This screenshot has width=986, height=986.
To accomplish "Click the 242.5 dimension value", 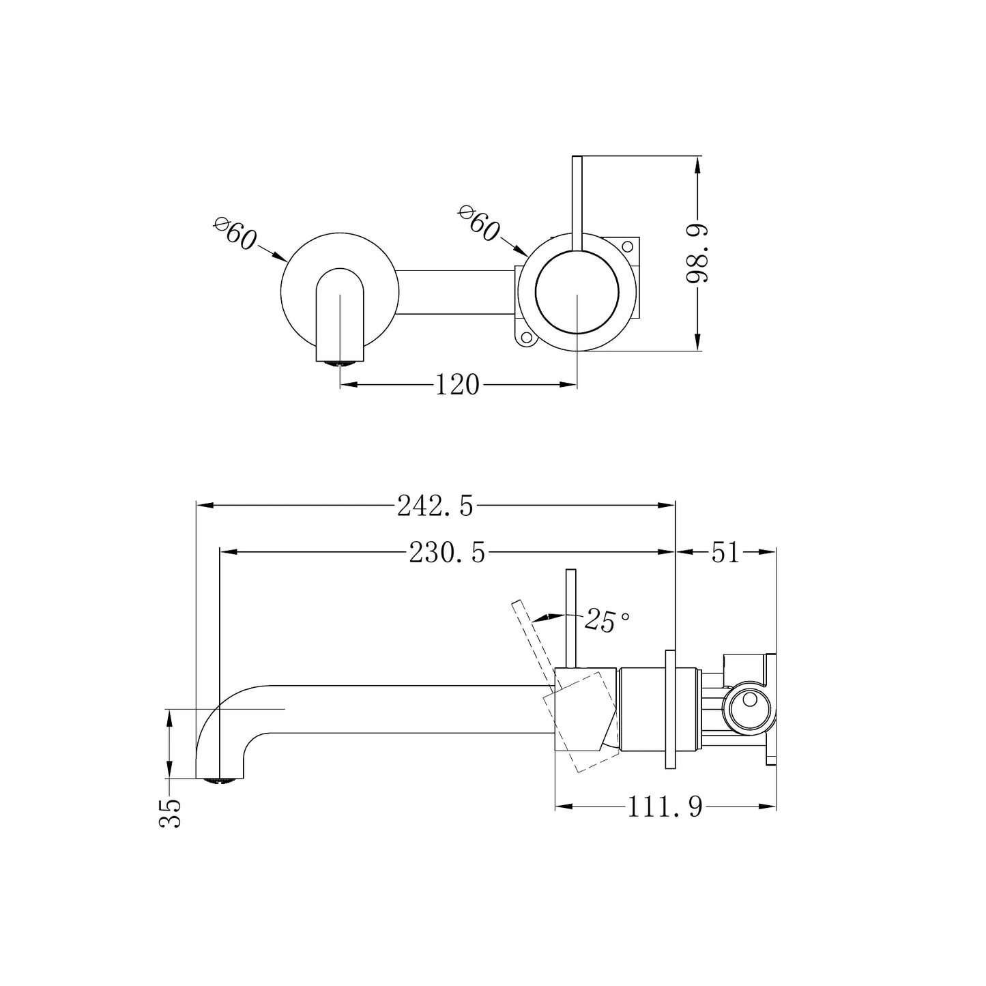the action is (x=435, y=506).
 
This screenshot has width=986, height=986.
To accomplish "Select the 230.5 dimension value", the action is (x=447, y=553).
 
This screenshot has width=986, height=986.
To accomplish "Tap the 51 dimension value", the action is (x=725, y=553).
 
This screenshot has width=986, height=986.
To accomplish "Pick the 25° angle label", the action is (x=607, y=621).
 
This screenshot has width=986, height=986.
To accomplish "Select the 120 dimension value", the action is (x=457, y=385).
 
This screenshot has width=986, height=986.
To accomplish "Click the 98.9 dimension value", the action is (x=697, y=253).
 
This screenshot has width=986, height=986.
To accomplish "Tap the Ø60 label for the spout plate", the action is (x=235, y=233).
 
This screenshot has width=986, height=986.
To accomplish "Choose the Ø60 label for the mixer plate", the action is (x=479, y=223).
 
